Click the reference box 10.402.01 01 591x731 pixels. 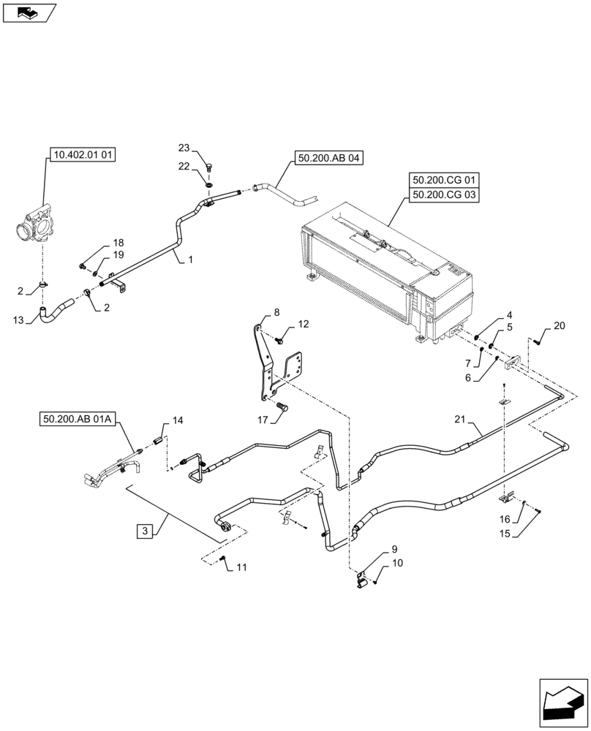pos(83,154)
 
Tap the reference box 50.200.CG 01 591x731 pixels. pos(444,180)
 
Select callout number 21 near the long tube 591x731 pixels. pos(459,420)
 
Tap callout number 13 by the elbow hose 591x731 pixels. pos(18,319)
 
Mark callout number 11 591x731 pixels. pos(241,567)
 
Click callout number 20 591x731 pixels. pos(560,326)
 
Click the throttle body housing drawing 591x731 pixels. pos(35,224)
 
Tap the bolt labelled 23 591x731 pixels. pos(208,167)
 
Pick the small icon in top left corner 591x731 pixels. pos(29,12)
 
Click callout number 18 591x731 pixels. pos(118,243)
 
